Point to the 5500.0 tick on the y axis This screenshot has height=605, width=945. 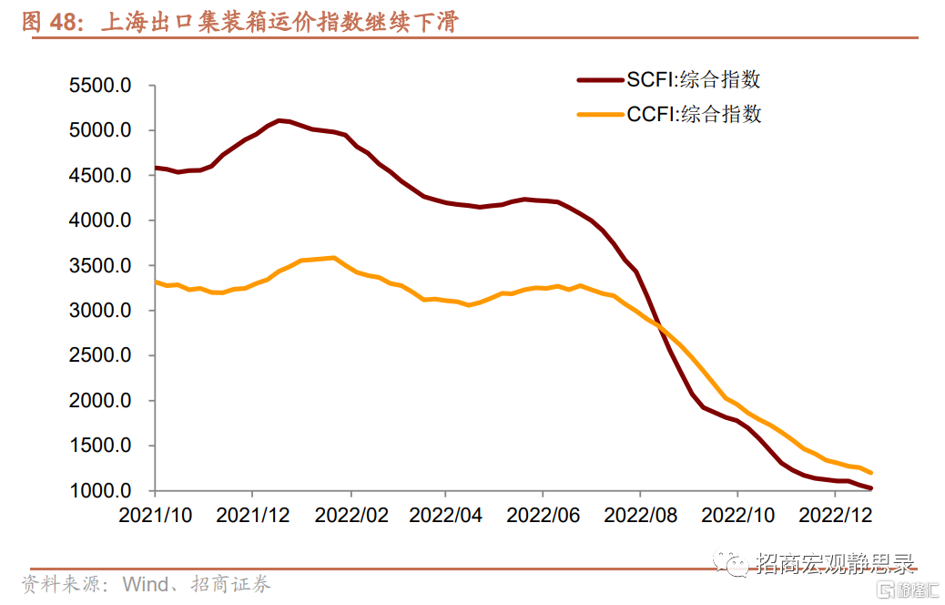101,86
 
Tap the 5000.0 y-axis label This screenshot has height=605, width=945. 101,130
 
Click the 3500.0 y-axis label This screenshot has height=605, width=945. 101,266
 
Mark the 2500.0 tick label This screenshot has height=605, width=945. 101,356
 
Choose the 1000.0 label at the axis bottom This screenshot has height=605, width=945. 101,491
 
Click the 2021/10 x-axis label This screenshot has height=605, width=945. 156,515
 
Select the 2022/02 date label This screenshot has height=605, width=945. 351,515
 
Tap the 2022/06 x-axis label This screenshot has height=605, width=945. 544,515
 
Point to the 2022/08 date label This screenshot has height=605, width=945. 641,515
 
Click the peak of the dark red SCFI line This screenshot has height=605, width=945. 279,120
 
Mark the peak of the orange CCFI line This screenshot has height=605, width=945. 334,258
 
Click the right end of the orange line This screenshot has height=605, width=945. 871,473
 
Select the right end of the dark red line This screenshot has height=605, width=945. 871,488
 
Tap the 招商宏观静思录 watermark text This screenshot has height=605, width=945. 835,564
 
